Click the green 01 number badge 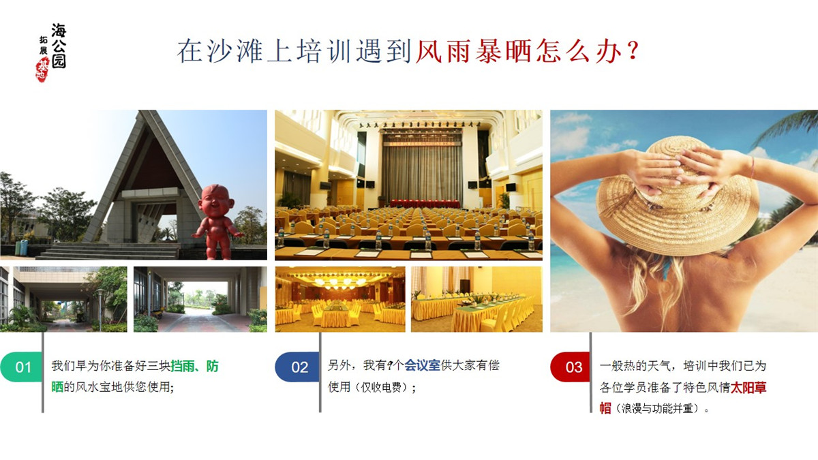coord(22,367)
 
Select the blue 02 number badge coord(298,367)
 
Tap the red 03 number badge coord(573,367)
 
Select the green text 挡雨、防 coord(194,367)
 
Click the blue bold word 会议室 coord(423,365)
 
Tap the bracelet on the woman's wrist coord(753,167)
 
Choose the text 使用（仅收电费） coord(372,387)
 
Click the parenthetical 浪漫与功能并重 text coord(661,410)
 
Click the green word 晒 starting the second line coord(57,387)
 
